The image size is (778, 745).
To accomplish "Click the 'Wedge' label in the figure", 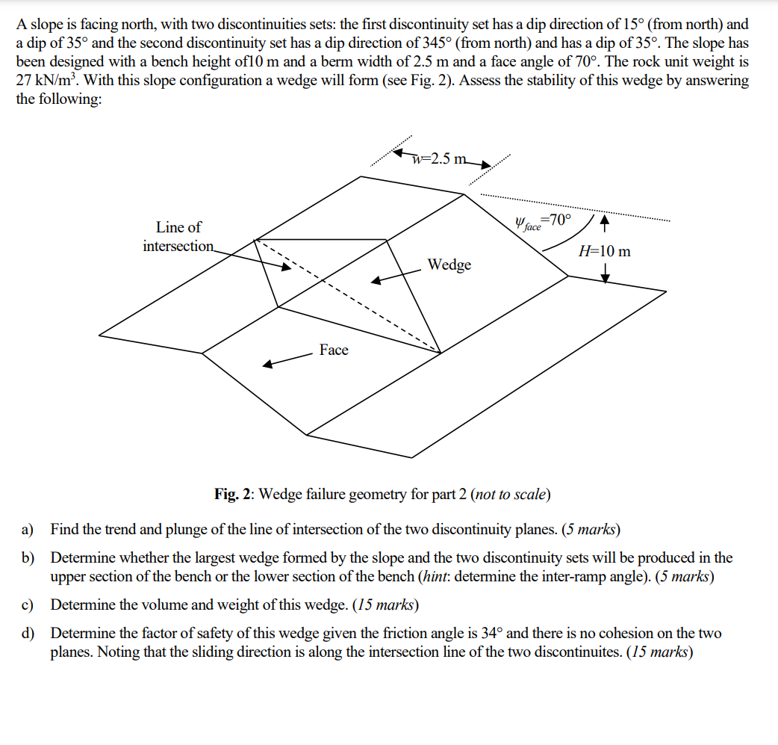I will (449, 265).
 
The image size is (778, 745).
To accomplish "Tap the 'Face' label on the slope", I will (334, 350).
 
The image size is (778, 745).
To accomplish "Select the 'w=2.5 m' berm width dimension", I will (441, 158).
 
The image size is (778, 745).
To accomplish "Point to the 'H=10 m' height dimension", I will (604, 251).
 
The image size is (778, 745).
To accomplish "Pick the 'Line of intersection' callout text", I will (178, 236).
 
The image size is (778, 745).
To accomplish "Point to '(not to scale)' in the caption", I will (511, 494).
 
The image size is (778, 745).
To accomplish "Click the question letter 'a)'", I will (28, 530).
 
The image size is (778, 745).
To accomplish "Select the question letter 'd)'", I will (28, 634).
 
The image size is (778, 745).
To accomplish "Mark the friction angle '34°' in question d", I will (492, 634).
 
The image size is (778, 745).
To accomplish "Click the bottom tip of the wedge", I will (440, 352).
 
